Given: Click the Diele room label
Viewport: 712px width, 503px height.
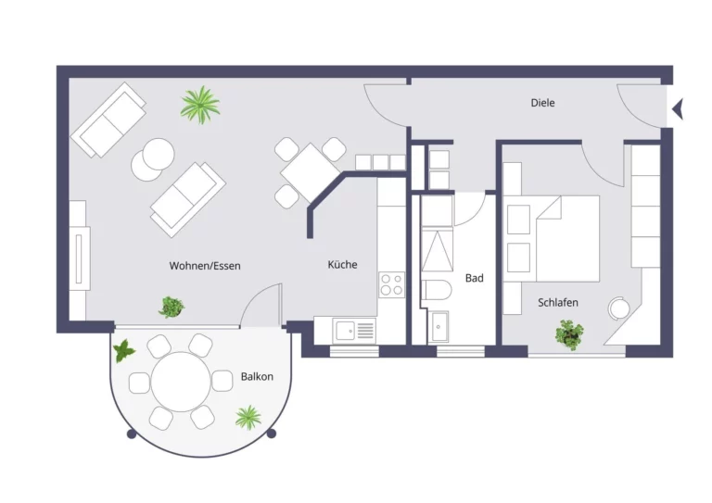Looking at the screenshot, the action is (542, 103).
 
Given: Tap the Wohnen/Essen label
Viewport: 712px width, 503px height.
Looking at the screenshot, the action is (205, 266).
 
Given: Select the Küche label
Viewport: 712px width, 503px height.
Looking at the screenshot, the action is (342, 264).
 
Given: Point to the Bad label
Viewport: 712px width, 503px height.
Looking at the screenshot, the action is (474, 278).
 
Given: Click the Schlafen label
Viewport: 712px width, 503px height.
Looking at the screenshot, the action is (557, 303).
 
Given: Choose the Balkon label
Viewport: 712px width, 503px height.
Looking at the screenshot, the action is (257, 376).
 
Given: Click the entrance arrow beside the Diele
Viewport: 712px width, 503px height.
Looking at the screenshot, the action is (678, 109).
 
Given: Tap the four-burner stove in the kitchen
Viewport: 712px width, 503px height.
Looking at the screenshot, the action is (392, 284).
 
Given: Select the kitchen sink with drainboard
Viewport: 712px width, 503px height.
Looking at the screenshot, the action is (354, 330).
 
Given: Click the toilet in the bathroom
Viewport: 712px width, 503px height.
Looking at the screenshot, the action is (437, 290).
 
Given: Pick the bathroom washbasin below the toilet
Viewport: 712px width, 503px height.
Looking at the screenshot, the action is (439, 326).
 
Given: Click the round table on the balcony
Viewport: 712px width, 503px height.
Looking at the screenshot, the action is (181, 382).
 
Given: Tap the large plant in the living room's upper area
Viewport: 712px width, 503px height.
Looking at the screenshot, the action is (200, 105).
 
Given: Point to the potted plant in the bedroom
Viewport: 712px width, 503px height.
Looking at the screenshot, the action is (569, 334).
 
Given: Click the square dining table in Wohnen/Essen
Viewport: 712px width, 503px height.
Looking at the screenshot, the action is (311, 173).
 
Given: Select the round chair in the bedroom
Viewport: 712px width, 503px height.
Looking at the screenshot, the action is (619, 308).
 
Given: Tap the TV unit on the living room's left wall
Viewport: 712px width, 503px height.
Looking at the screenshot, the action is (80, 258).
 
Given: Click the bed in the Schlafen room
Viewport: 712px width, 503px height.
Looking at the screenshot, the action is (567, 239).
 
